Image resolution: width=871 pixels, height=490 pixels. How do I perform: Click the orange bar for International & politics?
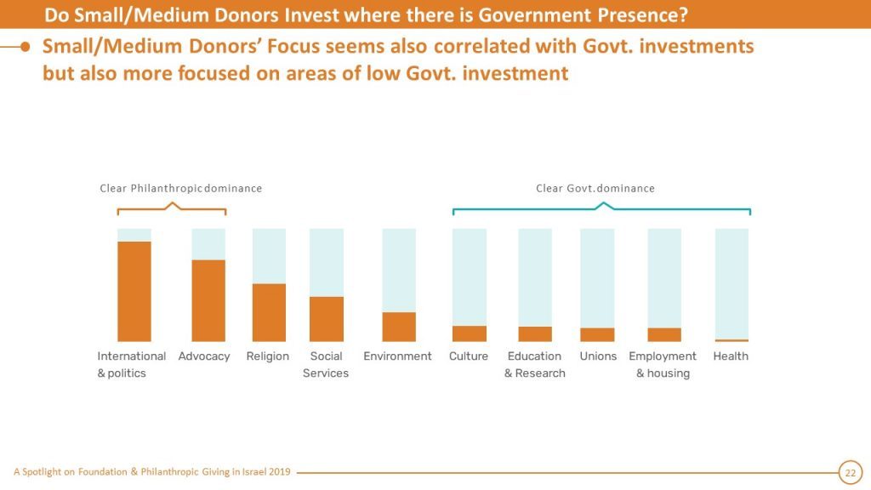pos(134,291)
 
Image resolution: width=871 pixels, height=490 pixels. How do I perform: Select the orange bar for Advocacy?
pos(208,300)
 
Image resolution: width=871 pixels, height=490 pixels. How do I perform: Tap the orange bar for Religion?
pos(269,312)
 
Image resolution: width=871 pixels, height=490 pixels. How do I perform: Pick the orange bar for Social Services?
pos(327,319)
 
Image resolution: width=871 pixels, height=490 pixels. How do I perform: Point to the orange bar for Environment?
pos(399,327)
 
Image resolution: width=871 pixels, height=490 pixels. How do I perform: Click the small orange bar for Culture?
pos(470,333)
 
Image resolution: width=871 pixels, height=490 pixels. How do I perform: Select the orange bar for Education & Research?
pos(535,334)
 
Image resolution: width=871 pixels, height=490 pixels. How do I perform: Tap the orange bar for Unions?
pos(597,334)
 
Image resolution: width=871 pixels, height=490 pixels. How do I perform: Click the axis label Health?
pos(731,356)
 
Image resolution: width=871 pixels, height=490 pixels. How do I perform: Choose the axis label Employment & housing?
pos(663,365)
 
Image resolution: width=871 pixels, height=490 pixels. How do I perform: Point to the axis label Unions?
pos(598,356)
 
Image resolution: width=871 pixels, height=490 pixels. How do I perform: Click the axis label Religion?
pos(268,356)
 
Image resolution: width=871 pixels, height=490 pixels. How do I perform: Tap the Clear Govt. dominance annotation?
pos(595,188)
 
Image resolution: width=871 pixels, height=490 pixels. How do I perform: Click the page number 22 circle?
pos(850,472)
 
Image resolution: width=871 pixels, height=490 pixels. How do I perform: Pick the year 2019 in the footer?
pos(279,472)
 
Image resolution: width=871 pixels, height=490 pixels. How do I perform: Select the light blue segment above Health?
pos(732,282)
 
